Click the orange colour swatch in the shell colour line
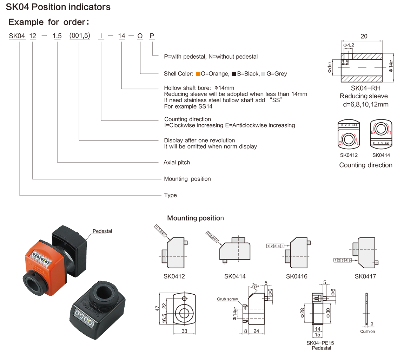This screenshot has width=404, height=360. coord(198,74)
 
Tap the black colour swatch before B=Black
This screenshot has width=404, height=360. coord(233,74)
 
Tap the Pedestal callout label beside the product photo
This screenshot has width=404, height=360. coord(102,231)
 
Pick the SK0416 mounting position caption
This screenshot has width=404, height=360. coord(297,276)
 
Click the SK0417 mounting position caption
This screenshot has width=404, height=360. coord(365,276)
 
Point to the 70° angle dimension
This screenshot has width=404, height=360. coord(255,286)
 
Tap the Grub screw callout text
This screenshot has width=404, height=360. coord(227,299)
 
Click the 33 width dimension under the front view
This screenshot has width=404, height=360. coord(184,331)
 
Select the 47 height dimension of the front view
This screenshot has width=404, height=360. coord(158,308)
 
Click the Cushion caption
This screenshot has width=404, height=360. coord(367,332)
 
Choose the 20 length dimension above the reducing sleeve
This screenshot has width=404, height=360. coord(364,36)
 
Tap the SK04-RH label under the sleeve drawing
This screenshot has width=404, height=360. coord(364,89)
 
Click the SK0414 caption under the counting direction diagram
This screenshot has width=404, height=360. coord(381,155)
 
